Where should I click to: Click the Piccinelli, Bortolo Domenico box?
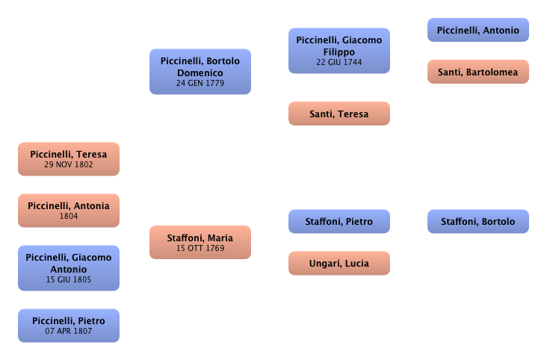click(x=200, y=71)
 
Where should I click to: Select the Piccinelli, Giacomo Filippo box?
click(x=339, y=50)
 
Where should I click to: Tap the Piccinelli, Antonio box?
click(x=478, y=30)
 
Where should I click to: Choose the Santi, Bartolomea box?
click(x=478, y=72)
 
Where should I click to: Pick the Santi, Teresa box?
click(x=339, y=114)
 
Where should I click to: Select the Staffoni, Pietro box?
click(x=339, y=221)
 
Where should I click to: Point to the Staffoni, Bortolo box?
click(x=478, y=221)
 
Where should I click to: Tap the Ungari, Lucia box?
click(x=339, y=263)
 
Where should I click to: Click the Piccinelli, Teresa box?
click(x=69, y=159)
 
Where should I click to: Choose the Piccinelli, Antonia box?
click(x=69, y=210)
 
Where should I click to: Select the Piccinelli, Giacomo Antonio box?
click(x=69, y=267)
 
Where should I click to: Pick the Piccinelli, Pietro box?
click(x=69, y=325)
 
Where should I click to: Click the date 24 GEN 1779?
click(x=200, y=83)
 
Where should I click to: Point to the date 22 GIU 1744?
click(x=339, y=62)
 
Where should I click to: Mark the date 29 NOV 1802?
click(x=69, y=164)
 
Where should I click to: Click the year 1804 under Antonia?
click(x=69, y=216)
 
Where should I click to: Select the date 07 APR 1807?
click(x=69, y=331)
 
